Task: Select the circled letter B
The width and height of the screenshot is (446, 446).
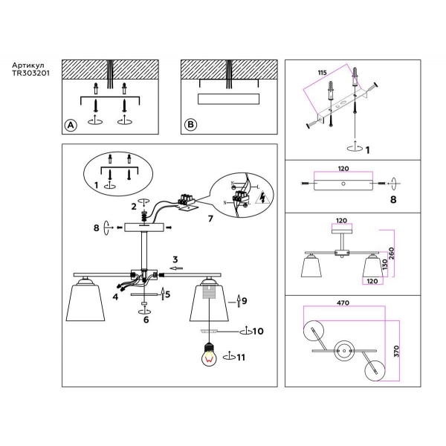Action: pos(190,125)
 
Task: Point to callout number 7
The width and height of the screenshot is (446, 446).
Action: pos(210,220)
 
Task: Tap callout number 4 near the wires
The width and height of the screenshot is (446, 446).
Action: pos(116,297)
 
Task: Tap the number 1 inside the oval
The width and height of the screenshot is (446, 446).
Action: pos(96,184)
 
